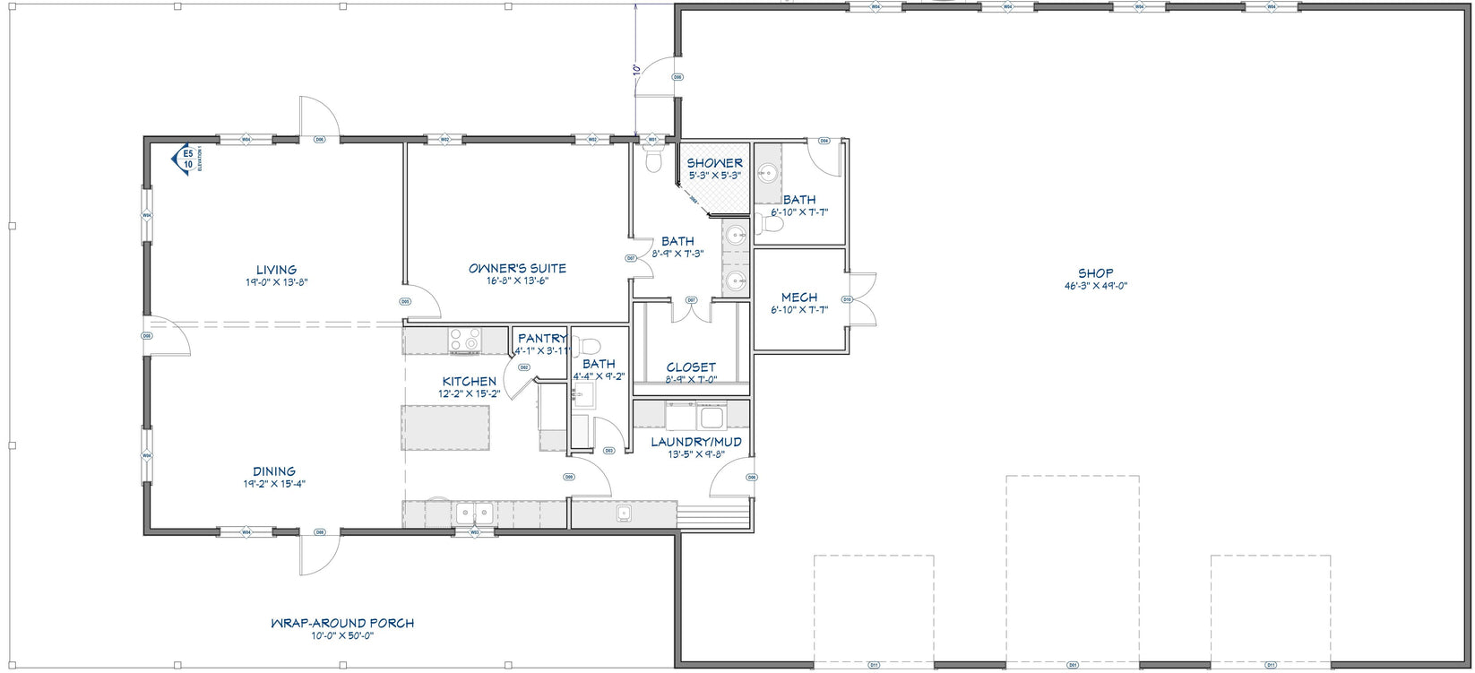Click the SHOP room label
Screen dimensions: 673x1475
pyautogui.click(x=1095, y=273)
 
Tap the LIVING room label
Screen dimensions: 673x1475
pyautogui.click(x=276, y=270)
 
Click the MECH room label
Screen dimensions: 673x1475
pyautogui.click(x=798, y=298)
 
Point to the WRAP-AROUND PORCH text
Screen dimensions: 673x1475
pyautogui.click(x=342, y=623)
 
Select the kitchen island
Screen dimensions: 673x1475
pyautogui.click(x=446, y=428)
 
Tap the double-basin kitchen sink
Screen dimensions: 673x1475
pyautogui.click(x=472, y=513)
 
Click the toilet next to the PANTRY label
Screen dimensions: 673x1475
pyautogui.click(x=587, y=344)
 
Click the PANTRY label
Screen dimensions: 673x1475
pyautogui.click(x=542, y=338)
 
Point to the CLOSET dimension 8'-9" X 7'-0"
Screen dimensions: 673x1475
pyautogui.click(x=691, y=379)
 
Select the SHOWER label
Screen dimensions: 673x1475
pyautogui.click(x=714, y=163)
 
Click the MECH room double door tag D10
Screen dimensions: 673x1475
pyautogui.click(x=846, y=299)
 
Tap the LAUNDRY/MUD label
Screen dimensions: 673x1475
pyautogui.click(x=695, y=442)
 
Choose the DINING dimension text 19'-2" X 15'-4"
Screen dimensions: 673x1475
pyautogui.click(x=274, y=484)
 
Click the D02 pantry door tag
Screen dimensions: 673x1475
pyautogui.click(x=524, y=367)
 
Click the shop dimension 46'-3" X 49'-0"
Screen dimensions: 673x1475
pyautogui.click(x=1095, y=286)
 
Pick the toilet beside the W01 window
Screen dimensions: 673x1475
pyautogui.click(x=653, y=160)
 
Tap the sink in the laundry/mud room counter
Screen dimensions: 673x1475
pyautogui.click(x=712, y=418)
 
